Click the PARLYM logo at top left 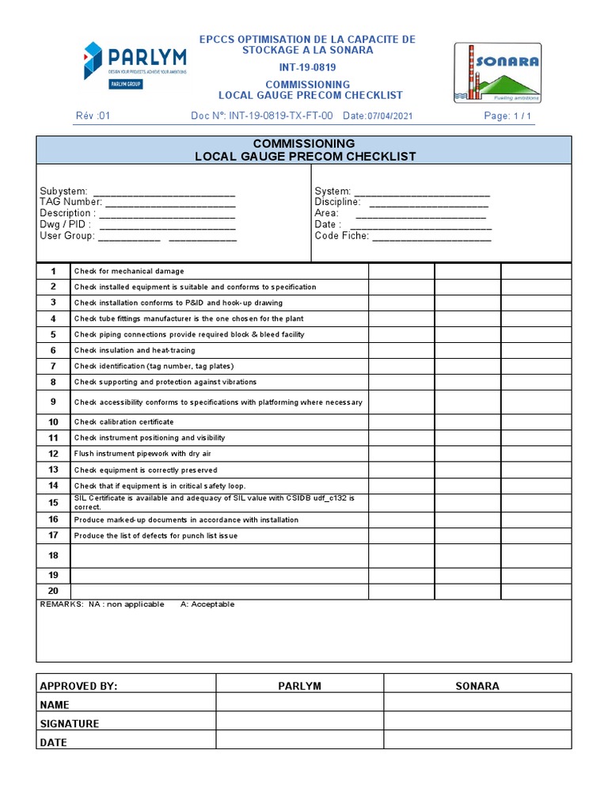click(x=135, y=65)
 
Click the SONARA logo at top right click(x=497, y=73)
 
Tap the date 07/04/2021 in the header click(x=389, y=116)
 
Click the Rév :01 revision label click(x=93, y=116)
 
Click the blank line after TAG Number click(x=170, y=203)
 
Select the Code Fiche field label click(x=341, y=236)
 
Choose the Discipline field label click(x=338, y=203)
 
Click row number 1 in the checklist click(x=54, y=272)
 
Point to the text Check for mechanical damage click(x=129, y=272)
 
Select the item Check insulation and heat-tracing click(x=135, y=350)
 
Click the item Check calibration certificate click(x=123, y=422)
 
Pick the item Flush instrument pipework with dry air click(x=142, y=454)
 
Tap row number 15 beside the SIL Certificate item click(x=54, y=503)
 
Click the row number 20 click(x=54, y=591)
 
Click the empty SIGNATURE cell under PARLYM click(x=300, y=723)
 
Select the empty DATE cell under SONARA click(x=477, y=742)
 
